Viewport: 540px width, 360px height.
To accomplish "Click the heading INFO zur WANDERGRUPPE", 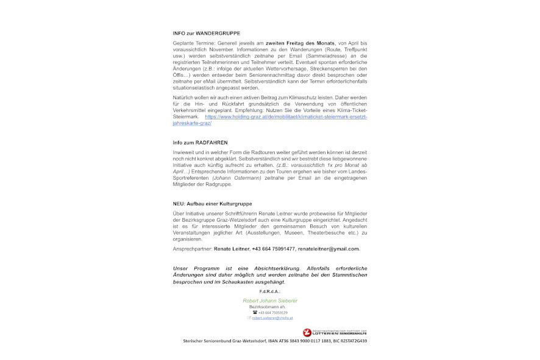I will [x=206, y=33].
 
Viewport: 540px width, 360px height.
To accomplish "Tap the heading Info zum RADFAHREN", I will [x=200, y=143].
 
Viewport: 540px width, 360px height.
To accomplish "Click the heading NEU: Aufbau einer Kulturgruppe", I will [x=212, y=203].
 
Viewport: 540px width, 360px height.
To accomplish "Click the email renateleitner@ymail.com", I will [x=329, y=249].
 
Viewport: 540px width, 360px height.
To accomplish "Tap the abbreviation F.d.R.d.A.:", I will [x=269, y=292].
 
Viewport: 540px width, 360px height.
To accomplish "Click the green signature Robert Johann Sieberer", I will [x=270, y=301].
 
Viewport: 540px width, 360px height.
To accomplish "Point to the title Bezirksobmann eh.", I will [x=271, y=307].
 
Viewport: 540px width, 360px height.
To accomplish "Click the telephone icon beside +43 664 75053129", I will [x=254, y=312].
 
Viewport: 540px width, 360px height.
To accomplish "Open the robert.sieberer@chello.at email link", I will [x=272, y=318].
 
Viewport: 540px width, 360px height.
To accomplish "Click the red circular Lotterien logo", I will [x=307, y=332].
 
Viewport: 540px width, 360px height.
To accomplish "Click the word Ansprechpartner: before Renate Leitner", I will [x=192, y=249].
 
